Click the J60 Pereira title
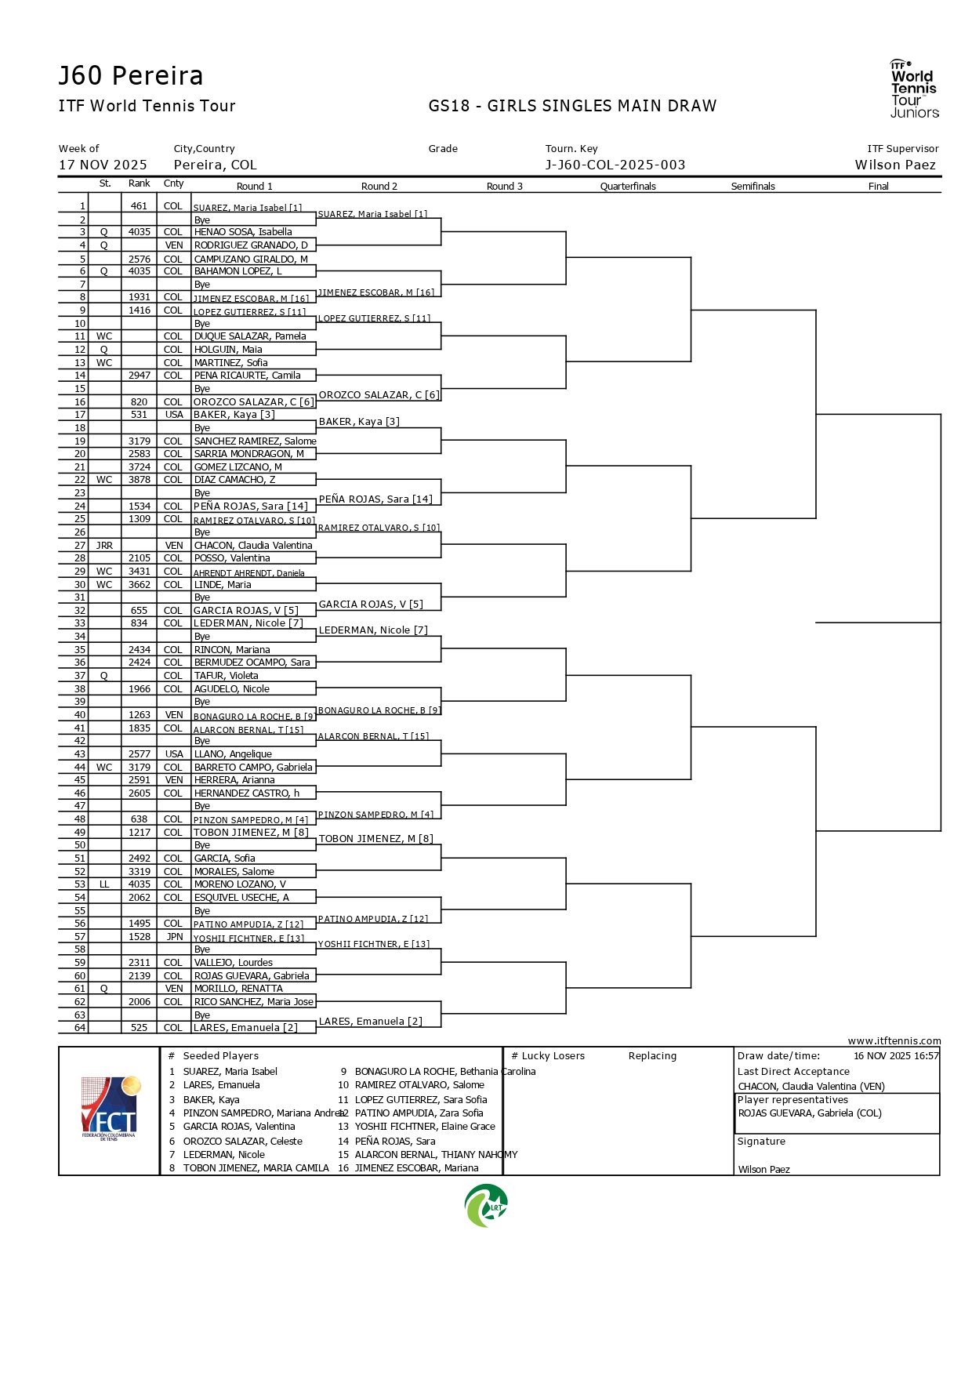coord(131,76)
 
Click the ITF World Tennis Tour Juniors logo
coord(914,89)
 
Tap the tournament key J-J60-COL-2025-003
coord(615,165)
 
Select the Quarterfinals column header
coord(628,187)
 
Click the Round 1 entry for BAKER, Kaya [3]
coord(234,415)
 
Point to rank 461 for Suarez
coord(139,206)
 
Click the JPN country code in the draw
coord(174,937)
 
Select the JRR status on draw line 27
coord(104,546)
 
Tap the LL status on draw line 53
coord(104,884)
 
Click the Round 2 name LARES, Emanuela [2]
coord(370,1022)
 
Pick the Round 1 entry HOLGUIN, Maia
coord(228,350)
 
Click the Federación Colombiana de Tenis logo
coord(110,1109)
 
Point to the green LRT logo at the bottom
coord(486,1206)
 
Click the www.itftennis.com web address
coord(894,1041)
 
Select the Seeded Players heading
coord(220,1056)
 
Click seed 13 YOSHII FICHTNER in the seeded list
coord(425,1127)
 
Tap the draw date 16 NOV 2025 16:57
coord(896,1056)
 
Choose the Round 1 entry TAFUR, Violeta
coord(226,676)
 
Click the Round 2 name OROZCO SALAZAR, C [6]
coord(379,395)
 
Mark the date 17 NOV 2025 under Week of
coord(103,165)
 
